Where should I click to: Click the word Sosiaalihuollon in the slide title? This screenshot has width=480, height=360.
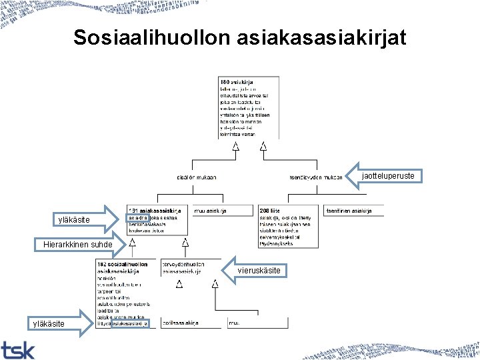(151, 38)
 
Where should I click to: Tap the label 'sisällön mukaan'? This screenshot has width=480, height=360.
(196, 177)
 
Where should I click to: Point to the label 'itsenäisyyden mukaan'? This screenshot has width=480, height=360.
(315, 177)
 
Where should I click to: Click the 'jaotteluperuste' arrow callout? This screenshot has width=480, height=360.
(388, 176)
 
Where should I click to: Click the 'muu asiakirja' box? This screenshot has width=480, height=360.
(211, 211)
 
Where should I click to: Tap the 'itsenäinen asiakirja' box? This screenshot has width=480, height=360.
(348, 211)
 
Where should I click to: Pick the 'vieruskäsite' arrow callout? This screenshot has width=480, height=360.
(260, 270)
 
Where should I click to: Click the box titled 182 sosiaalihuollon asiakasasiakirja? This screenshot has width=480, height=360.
(126, 293)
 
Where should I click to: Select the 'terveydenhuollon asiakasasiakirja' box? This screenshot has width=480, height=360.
(183, 267)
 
